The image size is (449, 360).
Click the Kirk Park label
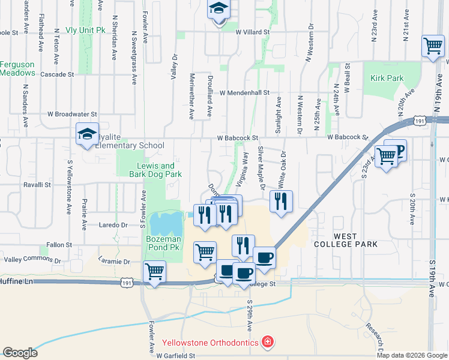pyautogui.click(x=387, y=78)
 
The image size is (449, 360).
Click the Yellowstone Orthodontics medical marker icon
pyautogui.click(x=267, y=343)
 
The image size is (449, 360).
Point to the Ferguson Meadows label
pyautogui.click(x=17, y=68)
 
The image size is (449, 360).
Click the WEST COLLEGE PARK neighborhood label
pyautogui.click(x=345, y=240)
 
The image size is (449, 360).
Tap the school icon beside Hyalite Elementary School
pyautogui.click(x=87, y=134)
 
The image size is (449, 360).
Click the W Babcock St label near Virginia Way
pyautogui.click(x=238, y=138)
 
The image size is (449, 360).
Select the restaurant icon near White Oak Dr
pyautogui.click(x=281, y=202)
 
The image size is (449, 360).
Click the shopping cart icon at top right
pyautogui.click(x=433, y=46)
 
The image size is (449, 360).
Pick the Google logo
pyautogui.click(x=20, y=353)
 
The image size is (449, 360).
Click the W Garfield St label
pyautogui.click(x=176, y=356)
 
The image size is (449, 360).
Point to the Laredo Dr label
pyautogui.click(x=113, y=225)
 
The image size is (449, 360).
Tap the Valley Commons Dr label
pyautogui.click(x=33, y=260)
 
